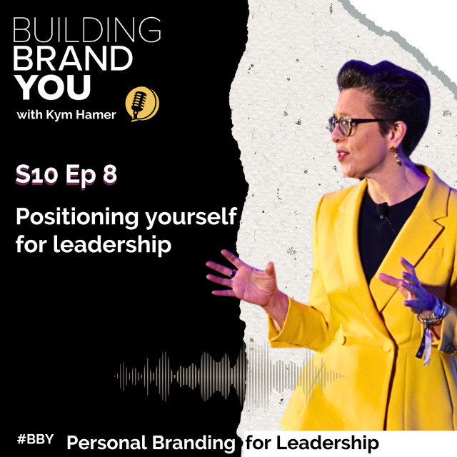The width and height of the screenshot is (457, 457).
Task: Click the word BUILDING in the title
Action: [87, 29]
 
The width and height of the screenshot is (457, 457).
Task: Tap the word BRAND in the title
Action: [73, 59]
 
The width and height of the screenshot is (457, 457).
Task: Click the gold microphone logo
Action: [142, 104]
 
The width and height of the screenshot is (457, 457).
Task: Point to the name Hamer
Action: [96, 115]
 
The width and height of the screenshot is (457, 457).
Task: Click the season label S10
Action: [36, 174]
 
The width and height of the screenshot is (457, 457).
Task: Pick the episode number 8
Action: [110, 174]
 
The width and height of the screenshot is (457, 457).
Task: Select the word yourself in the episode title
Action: [191, 217]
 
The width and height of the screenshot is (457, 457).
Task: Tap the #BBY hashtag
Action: [35, 439]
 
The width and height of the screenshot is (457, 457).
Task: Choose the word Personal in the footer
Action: [107, 443]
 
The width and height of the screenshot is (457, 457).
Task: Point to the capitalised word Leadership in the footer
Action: [327, 443]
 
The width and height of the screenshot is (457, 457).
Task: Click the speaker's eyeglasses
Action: [354, 125]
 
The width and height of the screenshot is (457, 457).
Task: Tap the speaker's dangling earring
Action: [396, 156]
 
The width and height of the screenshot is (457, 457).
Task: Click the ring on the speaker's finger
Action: [233, 273]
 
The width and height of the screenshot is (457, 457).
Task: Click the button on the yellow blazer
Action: [387, 346]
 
